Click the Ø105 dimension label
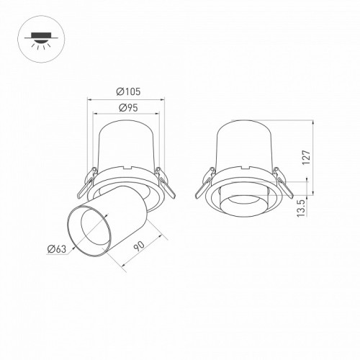tap(128, 91)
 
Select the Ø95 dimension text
tap(128, 108)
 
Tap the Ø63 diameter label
tap(57, 249)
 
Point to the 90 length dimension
tap(139, 246)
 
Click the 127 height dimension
tap(307, 158)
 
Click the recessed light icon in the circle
tap(41, 39)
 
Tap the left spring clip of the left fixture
tap(87, 182)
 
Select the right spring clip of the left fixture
tap(165, 182)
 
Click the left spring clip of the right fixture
tap(205, 182)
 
